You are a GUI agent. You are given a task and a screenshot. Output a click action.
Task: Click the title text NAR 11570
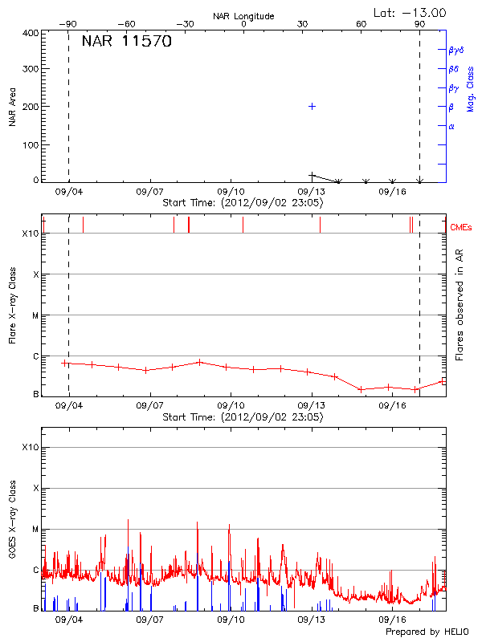click(x=126, y=43)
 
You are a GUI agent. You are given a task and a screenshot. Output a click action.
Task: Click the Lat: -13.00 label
click(x=411, y=12)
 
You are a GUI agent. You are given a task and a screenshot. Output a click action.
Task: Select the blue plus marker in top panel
click(x=312, y=106)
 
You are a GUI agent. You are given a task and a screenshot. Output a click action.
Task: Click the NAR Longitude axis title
click(x=243, y=16)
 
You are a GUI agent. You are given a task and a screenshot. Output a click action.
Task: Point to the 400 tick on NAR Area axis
click(x=31, y=34)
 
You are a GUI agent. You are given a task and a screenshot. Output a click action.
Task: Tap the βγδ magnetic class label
click(x=455, y=50)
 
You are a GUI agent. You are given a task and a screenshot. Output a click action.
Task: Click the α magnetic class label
click(x=451, y=126)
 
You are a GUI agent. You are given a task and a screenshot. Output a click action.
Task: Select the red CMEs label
click(x=460, y=228)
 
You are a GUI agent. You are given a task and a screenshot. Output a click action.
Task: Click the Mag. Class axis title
click(x=471, y=88)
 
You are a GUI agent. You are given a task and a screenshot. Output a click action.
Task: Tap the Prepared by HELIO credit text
click(x=426, y=632)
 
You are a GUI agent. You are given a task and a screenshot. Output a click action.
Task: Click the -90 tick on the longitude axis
click(x=71, y=24)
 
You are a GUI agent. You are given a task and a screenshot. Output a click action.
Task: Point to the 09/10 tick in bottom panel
click(x=231, y=620)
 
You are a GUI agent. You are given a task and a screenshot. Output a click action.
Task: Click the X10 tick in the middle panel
click(x=30, y=234)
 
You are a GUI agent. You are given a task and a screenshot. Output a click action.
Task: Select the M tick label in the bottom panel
click(x=34, y=529)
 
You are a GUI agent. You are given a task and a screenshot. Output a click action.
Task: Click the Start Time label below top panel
click(x=243, y=203)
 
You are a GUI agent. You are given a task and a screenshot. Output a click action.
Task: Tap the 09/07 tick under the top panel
click(x=150, y=193)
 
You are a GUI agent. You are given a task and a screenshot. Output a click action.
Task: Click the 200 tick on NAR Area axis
click(x=31, y=107)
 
